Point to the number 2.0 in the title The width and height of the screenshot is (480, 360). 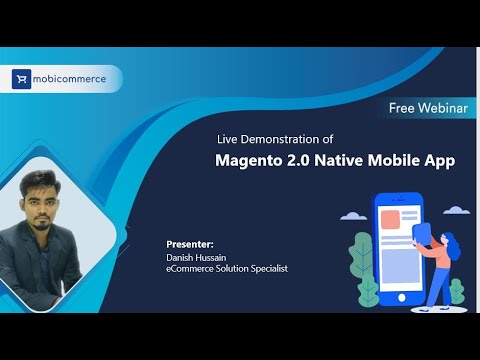(x=305, y=159)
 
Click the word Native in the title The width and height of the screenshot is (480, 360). (x=347, y=159)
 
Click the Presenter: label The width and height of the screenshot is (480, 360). (x=190, y=243)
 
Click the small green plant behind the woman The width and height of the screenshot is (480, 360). (x=456, y=291)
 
